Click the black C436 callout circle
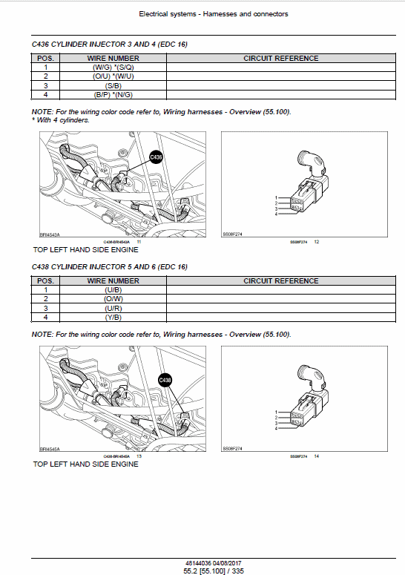pos(156,157)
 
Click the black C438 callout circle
pos(165,380)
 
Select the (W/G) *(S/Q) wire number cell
pos(113,67)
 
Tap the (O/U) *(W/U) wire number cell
pos(113,76)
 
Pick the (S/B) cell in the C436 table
pos(113,85)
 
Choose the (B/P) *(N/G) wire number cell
pos(113,94)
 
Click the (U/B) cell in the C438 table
pos(113,289)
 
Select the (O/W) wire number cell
pos(113,298)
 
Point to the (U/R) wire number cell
pos(113,308)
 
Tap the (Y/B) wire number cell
pos(113,317)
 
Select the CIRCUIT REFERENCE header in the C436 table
pos(280,58)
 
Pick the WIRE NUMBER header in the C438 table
pos(113,280)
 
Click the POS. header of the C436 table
pos(45,58)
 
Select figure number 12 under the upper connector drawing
pos(317,243)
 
